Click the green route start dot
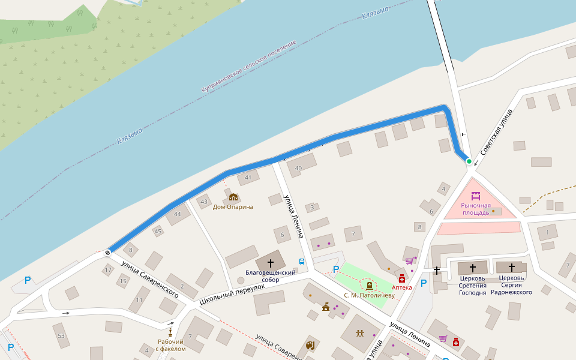(x=469, y=161)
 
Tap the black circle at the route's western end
(x=107, y=253)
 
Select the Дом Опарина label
(x=233, y=207)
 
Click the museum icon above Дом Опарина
(x=233, y=197)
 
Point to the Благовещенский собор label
(x=270, y=276)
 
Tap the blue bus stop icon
(x=301, y=262)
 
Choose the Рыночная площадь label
(x=476, y=209)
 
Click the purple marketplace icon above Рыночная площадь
(x=476, y=196)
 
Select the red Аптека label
(x=401, y=287)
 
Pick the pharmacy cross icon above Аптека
(x=401, y=278)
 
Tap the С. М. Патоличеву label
(x=369, y=295)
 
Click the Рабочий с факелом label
(x=171, y=345)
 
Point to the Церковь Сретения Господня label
(x=472, y=285)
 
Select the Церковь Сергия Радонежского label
(x=511, y=285)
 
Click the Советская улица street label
(x=496, y=133)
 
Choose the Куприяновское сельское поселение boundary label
(x=248, y=67)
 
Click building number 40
(x=298, y=169)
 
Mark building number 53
(x=61, y=335)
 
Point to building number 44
(x=177, y=214)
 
